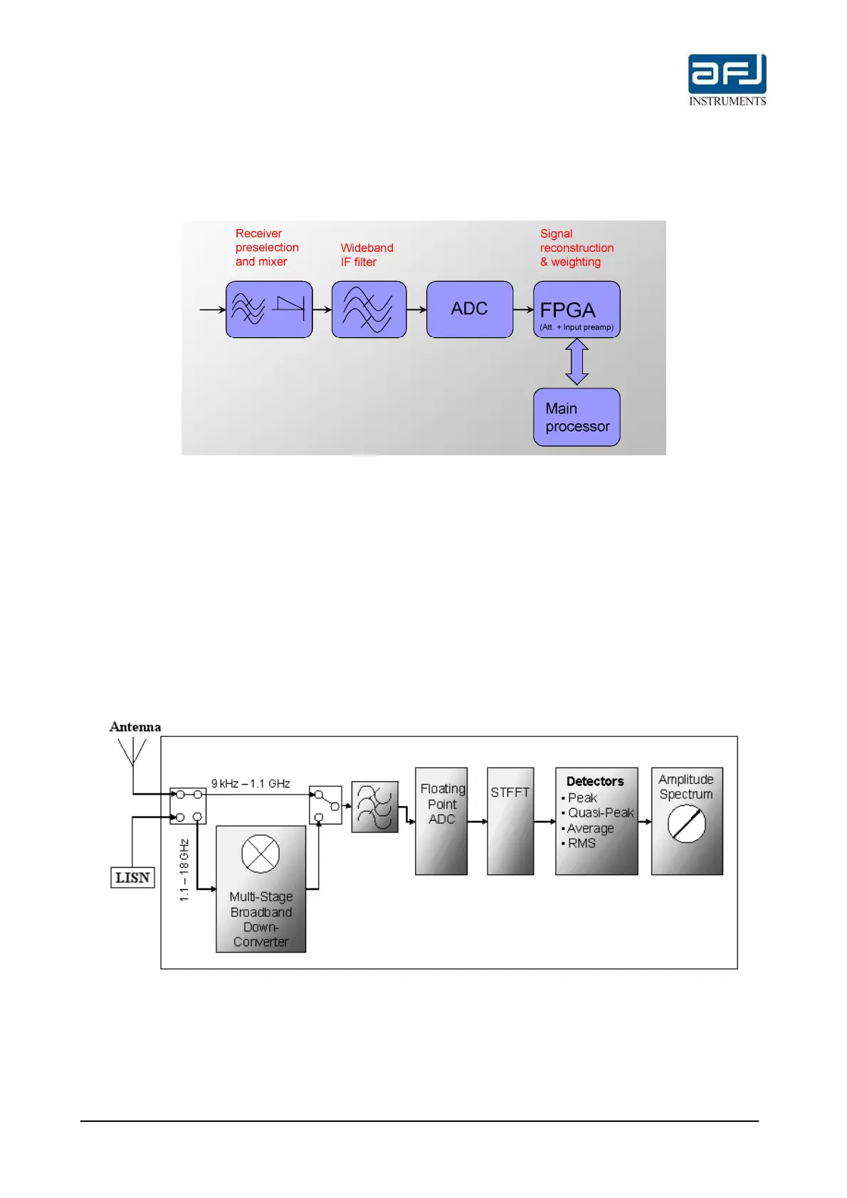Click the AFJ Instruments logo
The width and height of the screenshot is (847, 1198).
point(727,80)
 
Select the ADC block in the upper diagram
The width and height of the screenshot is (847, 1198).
point(469,309)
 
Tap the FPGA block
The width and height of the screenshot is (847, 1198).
point(577,309)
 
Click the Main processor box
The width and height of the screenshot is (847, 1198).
point(577,418)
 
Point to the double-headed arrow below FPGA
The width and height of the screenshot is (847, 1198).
point(577,362)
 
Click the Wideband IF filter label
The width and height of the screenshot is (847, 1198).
point(367,255)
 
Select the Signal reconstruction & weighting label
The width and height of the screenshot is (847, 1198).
point(576,248)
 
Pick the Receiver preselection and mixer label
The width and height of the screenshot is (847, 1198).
point(266,248)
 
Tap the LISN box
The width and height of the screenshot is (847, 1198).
point(132,878)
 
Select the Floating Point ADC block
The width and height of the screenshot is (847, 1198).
point(441,820)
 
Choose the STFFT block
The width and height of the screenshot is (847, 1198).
point(510,820)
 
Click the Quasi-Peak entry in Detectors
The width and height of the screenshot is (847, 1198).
point(600,812)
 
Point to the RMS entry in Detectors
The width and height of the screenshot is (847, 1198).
point(582,843)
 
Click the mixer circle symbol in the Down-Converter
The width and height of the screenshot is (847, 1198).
point(261,854)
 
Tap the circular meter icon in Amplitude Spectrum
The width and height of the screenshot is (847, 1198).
point(686,825)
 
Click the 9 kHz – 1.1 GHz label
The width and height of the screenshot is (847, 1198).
point(251,783)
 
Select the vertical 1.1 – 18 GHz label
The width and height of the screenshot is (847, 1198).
point(184,870)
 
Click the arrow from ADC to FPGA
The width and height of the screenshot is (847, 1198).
point(523,309)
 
